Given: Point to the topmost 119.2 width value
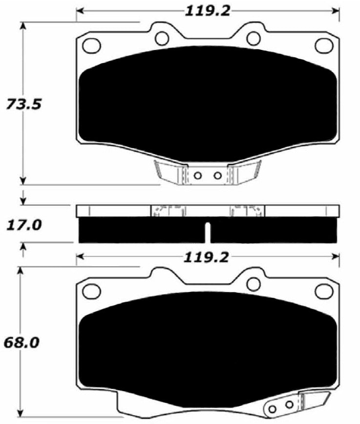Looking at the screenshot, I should [x=207, y=10].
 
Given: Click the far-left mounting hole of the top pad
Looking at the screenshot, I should [x=90, y=45].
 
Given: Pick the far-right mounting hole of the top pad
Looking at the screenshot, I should [x=323, y=45].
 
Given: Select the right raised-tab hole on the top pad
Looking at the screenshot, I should [x=252, y=37].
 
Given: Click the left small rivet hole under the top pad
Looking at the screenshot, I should [x=198, y=175].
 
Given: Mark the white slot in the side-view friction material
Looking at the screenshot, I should [x=208, y=232].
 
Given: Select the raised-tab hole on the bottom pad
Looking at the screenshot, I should [x=252, y=283].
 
